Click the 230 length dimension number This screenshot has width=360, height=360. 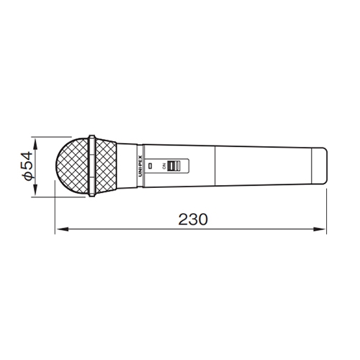tap(193, 219)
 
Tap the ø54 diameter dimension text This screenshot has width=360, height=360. tap(27, 166)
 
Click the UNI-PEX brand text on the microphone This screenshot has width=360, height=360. tap(140, 166)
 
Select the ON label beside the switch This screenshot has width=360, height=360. tap(164, 166)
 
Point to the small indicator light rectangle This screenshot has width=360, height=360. tap(150, 166)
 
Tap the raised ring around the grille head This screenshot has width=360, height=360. tap(91, 166)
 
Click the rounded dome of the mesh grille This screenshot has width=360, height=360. tap(72, 166)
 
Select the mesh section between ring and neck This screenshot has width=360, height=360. tap(106, 166)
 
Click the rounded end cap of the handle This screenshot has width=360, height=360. tap(319, 166)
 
